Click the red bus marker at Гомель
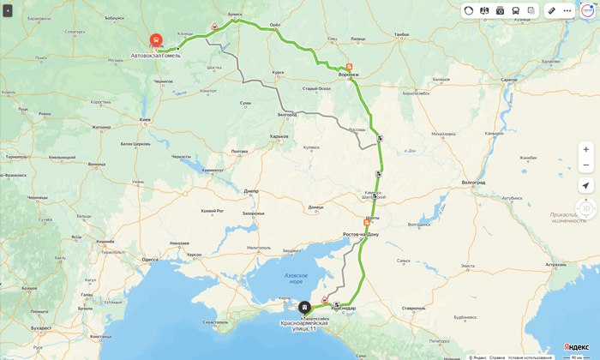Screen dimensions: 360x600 (156, 40)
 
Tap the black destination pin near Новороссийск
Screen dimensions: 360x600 (304, 307)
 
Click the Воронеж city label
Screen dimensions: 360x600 (348, 75)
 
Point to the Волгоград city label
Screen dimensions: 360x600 (473, 182)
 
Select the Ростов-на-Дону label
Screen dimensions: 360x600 (360, 234)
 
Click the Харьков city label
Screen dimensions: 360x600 (279, 136)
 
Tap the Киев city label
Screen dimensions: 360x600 (145, 119)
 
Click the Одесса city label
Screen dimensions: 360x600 (150, 259)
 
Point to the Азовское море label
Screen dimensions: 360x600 (296, 279)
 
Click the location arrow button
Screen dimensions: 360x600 (585, 185)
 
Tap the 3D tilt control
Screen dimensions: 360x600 (586, 208)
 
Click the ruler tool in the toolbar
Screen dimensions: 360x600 (552, 11)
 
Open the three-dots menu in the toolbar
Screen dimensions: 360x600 (567, 11)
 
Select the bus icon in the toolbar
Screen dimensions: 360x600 (516, 11)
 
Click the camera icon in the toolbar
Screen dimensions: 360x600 (501, 11)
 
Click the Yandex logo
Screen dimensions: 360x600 (576, 347)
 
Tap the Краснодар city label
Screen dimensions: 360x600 (343, 309)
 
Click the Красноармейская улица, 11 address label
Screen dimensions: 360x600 (304, 326)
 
